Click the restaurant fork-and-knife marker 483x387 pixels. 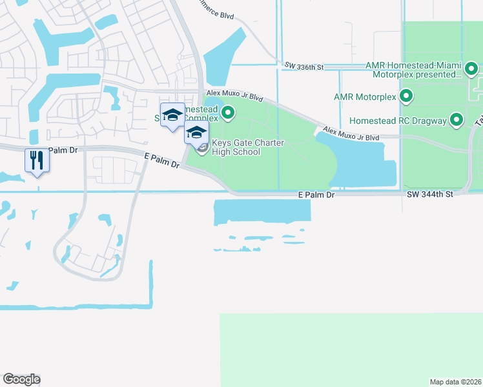(x=37, y=159)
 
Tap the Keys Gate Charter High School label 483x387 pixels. (x=236, y=148)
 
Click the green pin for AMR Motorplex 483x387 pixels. (x=406, y=97)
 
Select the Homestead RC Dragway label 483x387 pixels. (x=397, y=121)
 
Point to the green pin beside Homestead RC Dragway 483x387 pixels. (x=457, y=119)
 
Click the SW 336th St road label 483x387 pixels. (x=304, y=65)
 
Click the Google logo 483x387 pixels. (x=21, y=379)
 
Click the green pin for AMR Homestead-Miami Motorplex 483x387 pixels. (x=471, y=68)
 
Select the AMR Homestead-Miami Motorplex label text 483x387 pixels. (x=413, y=70)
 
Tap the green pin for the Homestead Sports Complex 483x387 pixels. (x=227, y=114)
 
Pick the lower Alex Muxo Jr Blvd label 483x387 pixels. (x=351, y=133)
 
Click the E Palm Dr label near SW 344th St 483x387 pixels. (x=316, y=194)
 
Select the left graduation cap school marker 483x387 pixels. (x=172, y=115)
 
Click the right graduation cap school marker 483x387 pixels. (x=196, y=134)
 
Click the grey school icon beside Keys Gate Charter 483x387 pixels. (x=202, y=150)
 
